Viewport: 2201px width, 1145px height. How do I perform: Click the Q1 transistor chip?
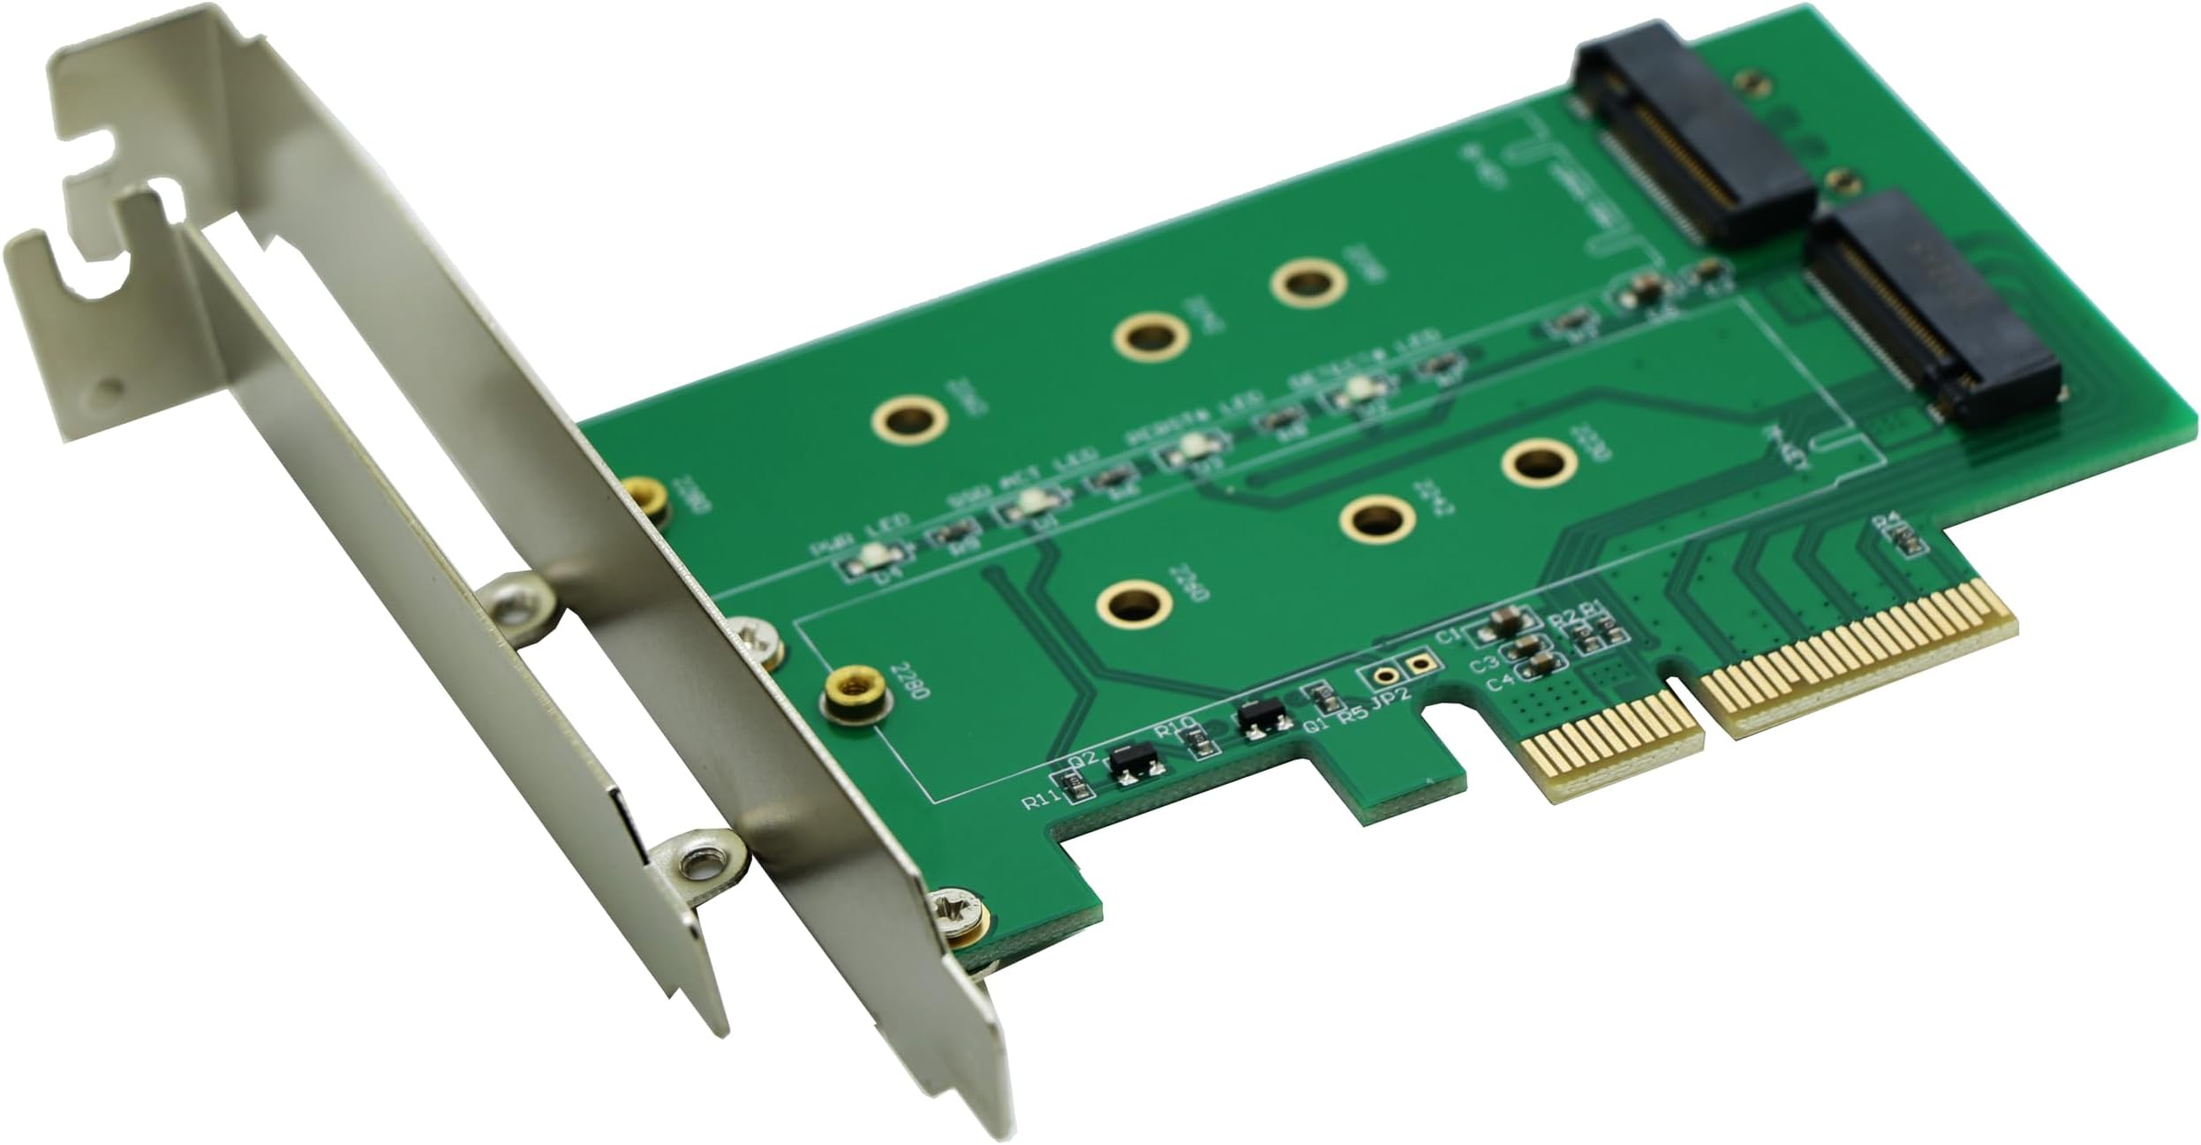pyautogui.click(x=1261, y=720)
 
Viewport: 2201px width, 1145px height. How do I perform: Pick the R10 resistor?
pyautogui.click(x=1202, y=745)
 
